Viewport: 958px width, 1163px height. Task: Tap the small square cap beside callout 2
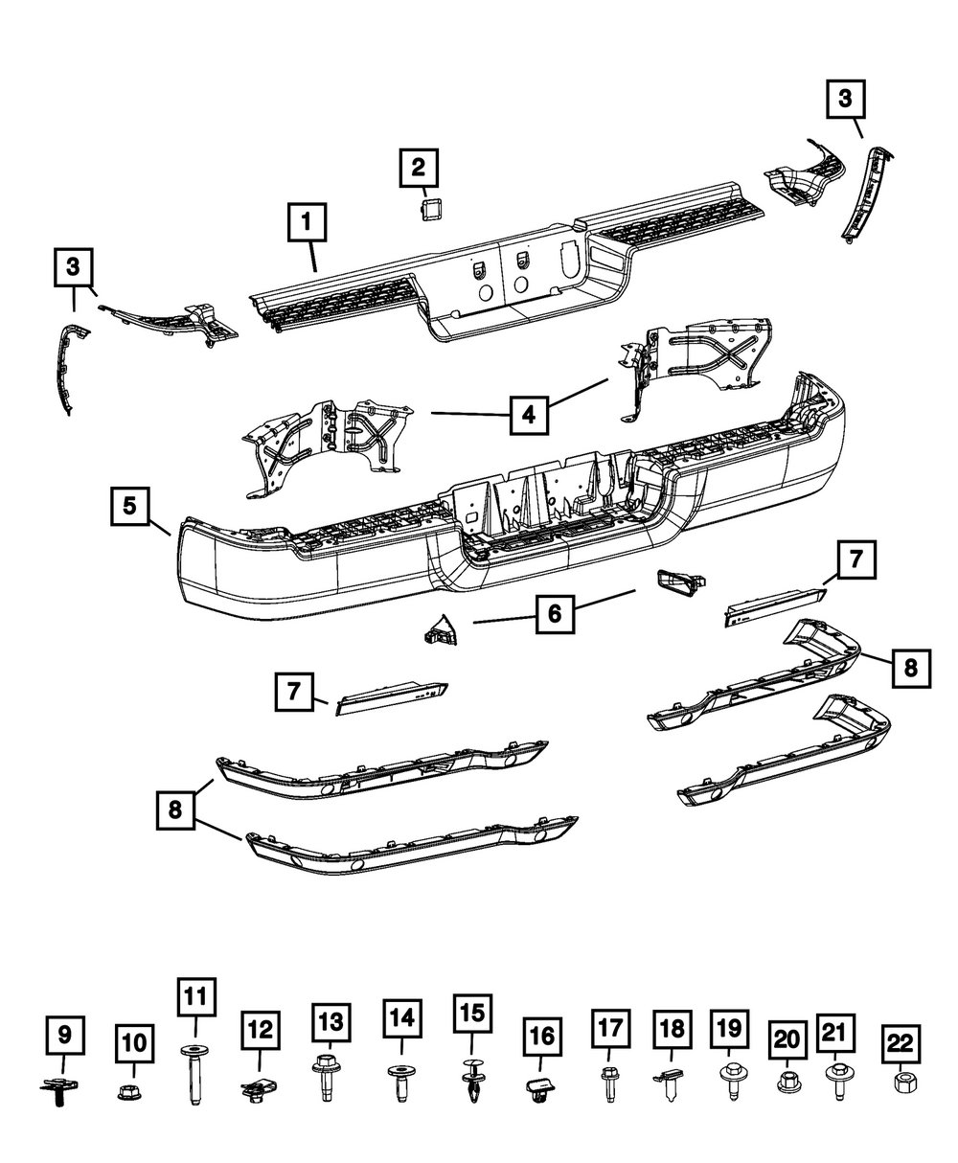click(x=427, y=208)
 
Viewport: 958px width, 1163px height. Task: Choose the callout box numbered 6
click(x=554, y=612)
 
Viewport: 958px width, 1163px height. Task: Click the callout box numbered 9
click(x=65, y=1036)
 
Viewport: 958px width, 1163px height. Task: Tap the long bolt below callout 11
click(x=195, y=1076)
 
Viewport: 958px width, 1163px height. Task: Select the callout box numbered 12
click(x=260, y=1032)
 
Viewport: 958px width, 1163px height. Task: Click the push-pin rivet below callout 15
click(x=471, y=1082)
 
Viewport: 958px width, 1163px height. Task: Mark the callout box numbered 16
click(x=542, y=1036)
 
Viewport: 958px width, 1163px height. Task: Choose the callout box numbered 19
click(x=728, y=1029)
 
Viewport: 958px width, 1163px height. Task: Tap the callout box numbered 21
click(x=835, y=1032)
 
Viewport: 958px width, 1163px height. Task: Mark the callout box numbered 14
click(x=402, y=1021)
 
